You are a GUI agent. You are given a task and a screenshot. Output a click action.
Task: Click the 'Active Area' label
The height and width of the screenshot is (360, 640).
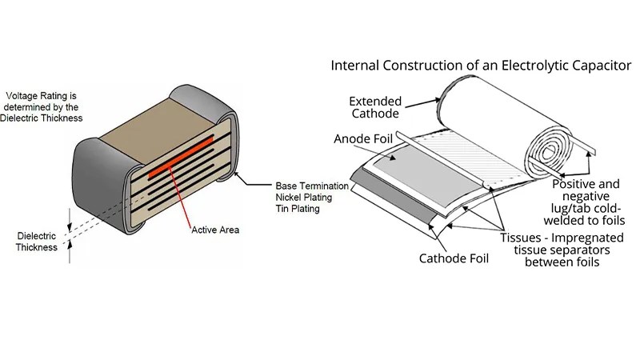(x=216, y=230)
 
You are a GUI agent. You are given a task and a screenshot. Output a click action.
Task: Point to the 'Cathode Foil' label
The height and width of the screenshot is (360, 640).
(x=454, y=258)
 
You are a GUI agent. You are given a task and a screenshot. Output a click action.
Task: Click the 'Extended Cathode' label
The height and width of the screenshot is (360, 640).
(x=376, y=107)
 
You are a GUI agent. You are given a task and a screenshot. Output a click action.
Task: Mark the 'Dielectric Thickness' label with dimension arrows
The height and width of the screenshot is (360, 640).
(x=37, y=242)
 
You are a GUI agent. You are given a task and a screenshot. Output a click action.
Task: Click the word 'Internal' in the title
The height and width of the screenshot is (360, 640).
(x=355, y=65)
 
